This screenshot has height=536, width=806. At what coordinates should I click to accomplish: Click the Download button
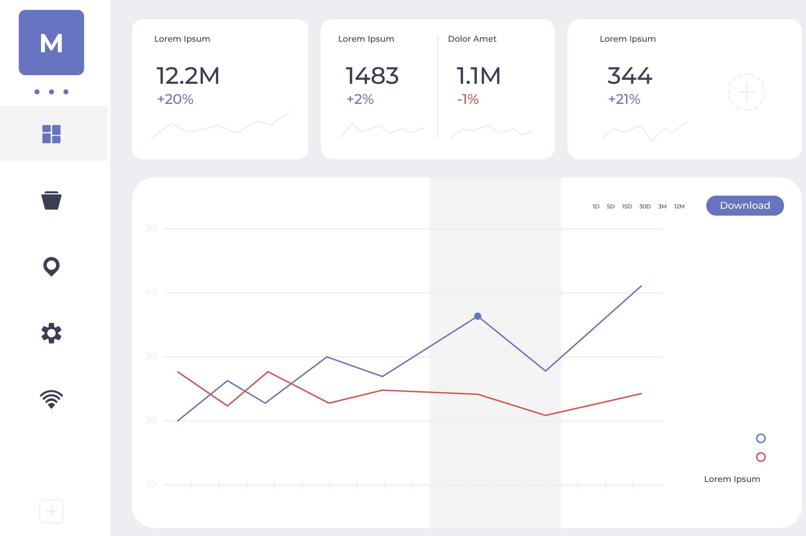click(745, 206)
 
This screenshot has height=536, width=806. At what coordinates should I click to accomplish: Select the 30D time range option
click(645, 207)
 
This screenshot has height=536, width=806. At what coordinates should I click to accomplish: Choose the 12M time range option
click(679, 207)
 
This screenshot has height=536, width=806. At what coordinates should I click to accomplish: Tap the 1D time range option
click(596, 207)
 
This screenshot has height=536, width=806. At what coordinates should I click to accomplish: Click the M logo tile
click(52, 42)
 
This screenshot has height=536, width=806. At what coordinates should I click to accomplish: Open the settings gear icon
click(52, 333)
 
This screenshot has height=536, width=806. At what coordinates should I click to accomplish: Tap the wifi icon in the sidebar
click(52, 399)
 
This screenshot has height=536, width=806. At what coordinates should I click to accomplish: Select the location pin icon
click(52, 267)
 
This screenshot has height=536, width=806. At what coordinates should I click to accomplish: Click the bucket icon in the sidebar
click(52, 200)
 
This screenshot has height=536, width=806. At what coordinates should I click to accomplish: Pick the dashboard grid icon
click(52, 134)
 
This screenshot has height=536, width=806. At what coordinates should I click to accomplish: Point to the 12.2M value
click(188, 76)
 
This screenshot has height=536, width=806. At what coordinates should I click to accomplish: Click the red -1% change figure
click(468, 99)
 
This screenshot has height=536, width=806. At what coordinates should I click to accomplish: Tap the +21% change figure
click(624, 99)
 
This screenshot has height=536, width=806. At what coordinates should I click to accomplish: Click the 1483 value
click(372, 76)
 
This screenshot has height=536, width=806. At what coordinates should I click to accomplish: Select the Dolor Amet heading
click(472, 39)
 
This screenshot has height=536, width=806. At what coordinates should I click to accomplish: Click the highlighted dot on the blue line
click(478, 316)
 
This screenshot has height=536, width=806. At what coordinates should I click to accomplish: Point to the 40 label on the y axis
click(151, 292)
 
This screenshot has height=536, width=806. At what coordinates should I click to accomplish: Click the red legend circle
click(761, 457)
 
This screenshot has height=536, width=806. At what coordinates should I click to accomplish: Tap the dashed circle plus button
click(746, 92)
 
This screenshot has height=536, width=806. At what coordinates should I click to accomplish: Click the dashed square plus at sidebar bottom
click(52, 511)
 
